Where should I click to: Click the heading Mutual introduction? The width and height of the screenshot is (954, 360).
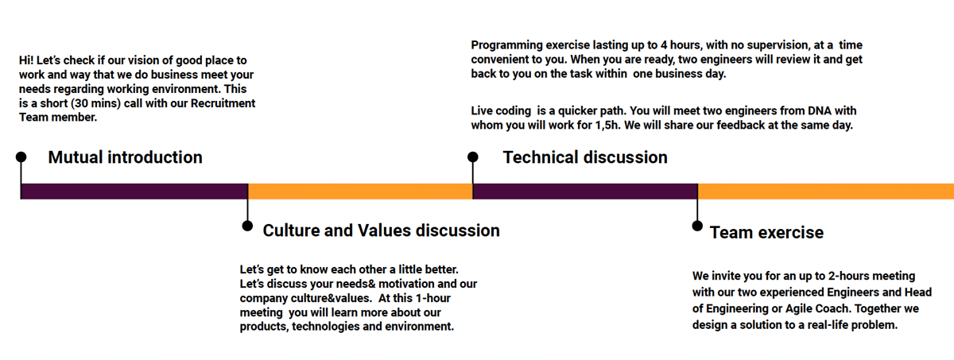click(x=126, y=157)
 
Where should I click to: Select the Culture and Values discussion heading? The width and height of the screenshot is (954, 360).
click(x=381, y=230)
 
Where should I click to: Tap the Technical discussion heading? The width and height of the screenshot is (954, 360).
click(x=585, y=157)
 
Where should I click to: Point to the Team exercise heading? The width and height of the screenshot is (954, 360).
click(x=766, y=233)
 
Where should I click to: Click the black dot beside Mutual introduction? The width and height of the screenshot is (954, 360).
click(x=21, y=157)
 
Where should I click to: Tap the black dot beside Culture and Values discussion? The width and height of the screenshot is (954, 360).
click(x=247, y=226)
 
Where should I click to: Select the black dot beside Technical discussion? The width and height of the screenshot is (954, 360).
click(x=473, y=157)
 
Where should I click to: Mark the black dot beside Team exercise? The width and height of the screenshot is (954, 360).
click(x=697, y=226)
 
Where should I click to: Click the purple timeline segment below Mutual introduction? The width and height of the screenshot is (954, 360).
click(x=134, y=192)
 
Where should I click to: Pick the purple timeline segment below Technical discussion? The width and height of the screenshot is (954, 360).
click(x=585, y=192)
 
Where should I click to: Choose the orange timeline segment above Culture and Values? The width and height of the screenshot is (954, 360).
click(x=360, y=192)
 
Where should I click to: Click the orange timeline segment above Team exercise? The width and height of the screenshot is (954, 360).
click(x=826, y=192)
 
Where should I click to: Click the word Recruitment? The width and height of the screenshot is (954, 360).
click(x=223, y=103)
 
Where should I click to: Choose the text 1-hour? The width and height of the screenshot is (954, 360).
click(x=433, y=298)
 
